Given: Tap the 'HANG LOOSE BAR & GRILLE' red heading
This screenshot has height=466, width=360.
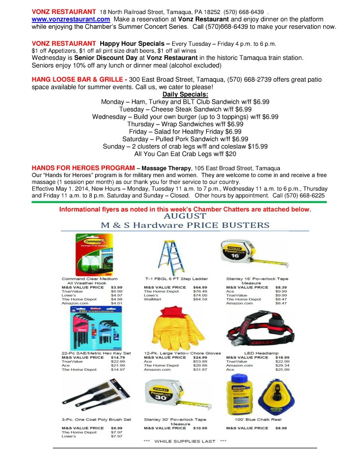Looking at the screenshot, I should click(77, 80).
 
